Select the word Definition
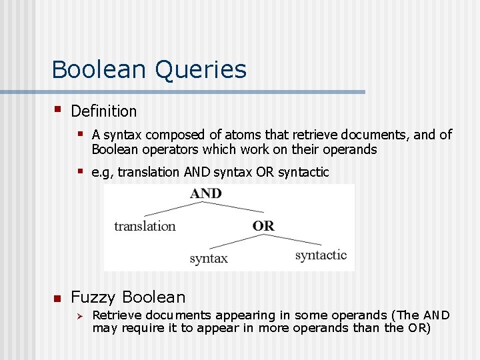coord(103,111)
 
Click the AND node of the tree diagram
coord(205,193)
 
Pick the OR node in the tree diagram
coord(263,225)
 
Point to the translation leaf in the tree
coord(145,226)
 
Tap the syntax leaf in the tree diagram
coord(208,258)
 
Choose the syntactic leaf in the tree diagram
coord(321,255)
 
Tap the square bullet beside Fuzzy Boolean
coord(57,298)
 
